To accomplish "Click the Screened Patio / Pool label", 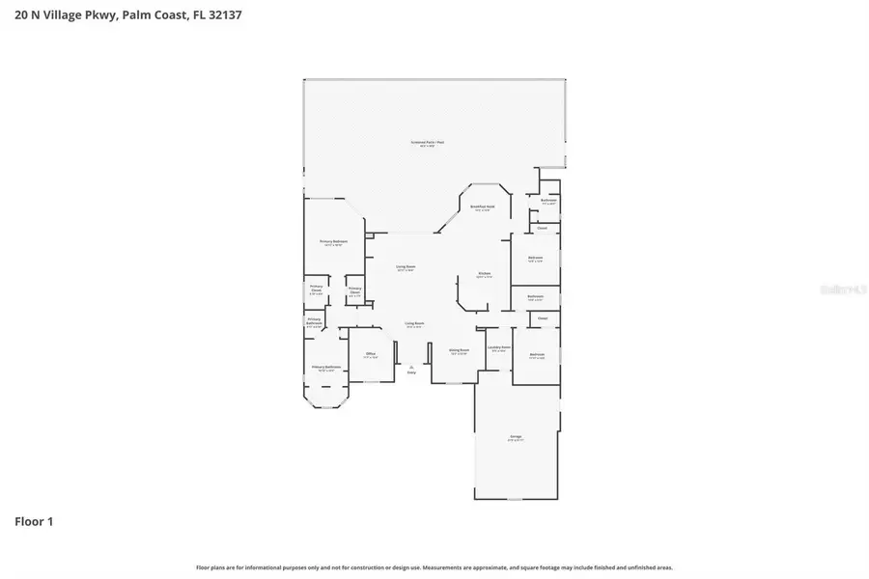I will tap(427, 142).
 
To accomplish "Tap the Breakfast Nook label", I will tap(482, 207).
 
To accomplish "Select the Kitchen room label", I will tap(485, 274).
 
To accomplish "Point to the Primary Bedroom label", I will tap(333, 242).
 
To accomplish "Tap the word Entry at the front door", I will tap(411, 372).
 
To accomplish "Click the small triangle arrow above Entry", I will tap(411, 366).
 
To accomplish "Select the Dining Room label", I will tap(459, 350).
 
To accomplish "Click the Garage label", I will tap(516, 437).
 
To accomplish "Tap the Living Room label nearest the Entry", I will tap(414, 323).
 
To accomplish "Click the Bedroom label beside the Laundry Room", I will tap(537, 354).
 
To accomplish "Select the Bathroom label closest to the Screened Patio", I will tap(548, 201).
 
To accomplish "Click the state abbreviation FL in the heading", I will tap(198, 14).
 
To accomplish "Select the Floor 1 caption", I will tap(34, 522).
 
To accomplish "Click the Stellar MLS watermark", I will tap(838, 288).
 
